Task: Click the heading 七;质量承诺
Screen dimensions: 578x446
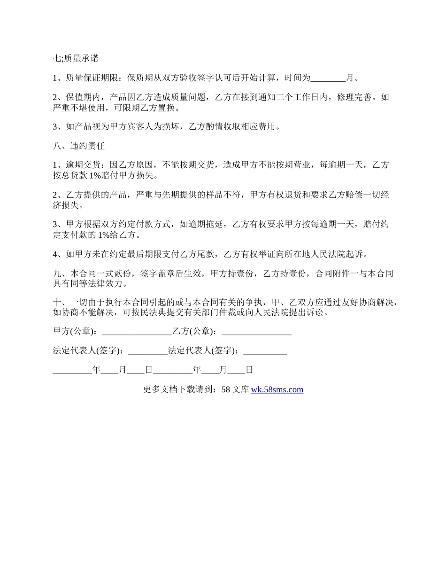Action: [x=76, y=59]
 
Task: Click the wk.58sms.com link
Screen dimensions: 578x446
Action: [x=277, y=390]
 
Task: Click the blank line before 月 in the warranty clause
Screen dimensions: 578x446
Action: [x=328, y=78]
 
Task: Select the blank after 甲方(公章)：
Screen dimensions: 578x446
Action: [x=137, y=332]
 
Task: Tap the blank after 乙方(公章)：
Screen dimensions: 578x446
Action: [x=256, y=332]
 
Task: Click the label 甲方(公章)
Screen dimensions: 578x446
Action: [x=75, y=332]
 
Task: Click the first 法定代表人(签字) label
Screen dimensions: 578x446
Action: [x=88, y=351]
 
